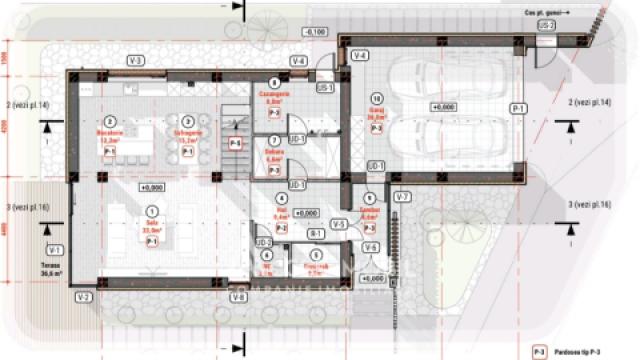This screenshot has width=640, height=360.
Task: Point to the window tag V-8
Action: coord(237,297)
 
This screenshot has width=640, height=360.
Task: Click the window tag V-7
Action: coord(402,196)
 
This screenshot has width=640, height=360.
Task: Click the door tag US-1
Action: coord(324,89)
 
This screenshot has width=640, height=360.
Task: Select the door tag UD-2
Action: coord(263,242)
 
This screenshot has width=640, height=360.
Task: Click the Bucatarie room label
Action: coord(109,133)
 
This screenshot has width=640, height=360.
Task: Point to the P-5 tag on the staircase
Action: coord(235,144)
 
